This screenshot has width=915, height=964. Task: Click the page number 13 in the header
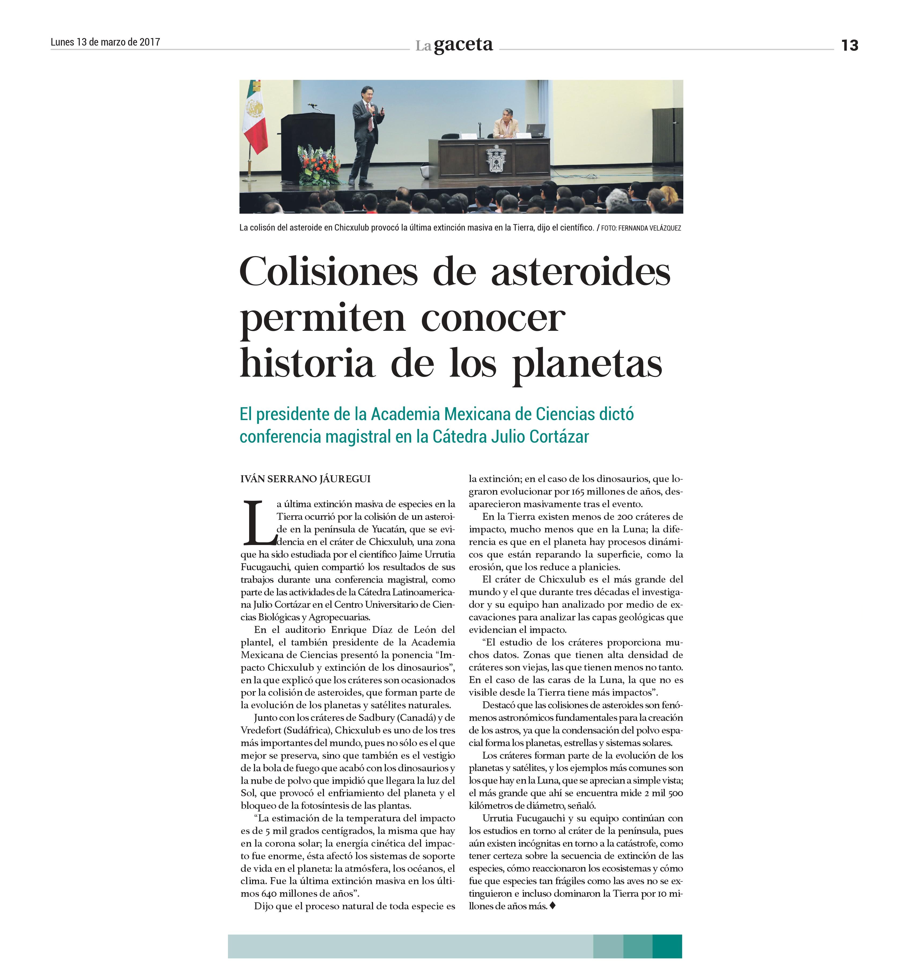(849, 45)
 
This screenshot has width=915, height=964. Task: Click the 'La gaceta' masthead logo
(454, 45)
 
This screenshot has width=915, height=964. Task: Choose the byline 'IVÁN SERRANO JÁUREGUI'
(305, 479)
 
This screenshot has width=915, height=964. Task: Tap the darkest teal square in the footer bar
(667, 947)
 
